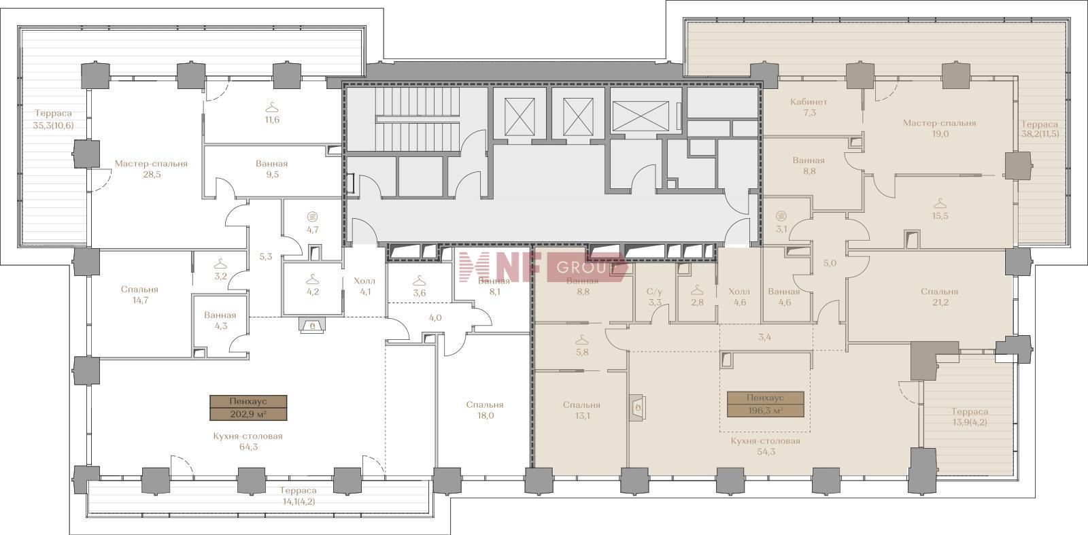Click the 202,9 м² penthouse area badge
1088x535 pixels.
pos(248,408)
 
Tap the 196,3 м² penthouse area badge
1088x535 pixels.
pos(765,404)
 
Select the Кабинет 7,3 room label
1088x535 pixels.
pos(809,107)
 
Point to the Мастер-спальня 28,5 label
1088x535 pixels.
pos(151,169)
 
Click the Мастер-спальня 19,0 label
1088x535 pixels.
pos(939,128)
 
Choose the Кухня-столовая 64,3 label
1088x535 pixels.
pos(248,441)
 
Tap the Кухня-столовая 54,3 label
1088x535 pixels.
pos(765,446)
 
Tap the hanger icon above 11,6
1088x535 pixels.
pos(272,106)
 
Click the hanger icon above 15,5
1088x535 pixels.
pos(940,203)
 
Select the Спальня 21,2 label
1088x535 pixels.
pos(939,296)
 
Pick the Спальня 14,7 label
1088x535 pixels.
pos(140,294)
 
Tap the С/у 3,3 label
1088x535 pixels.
pos(654,296)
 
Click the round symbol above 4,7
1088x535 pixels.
pos(312,216)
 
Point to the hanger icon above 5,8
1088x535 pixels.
pos(581,339)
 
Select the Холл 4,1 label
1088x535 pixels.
pos(364,286)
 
